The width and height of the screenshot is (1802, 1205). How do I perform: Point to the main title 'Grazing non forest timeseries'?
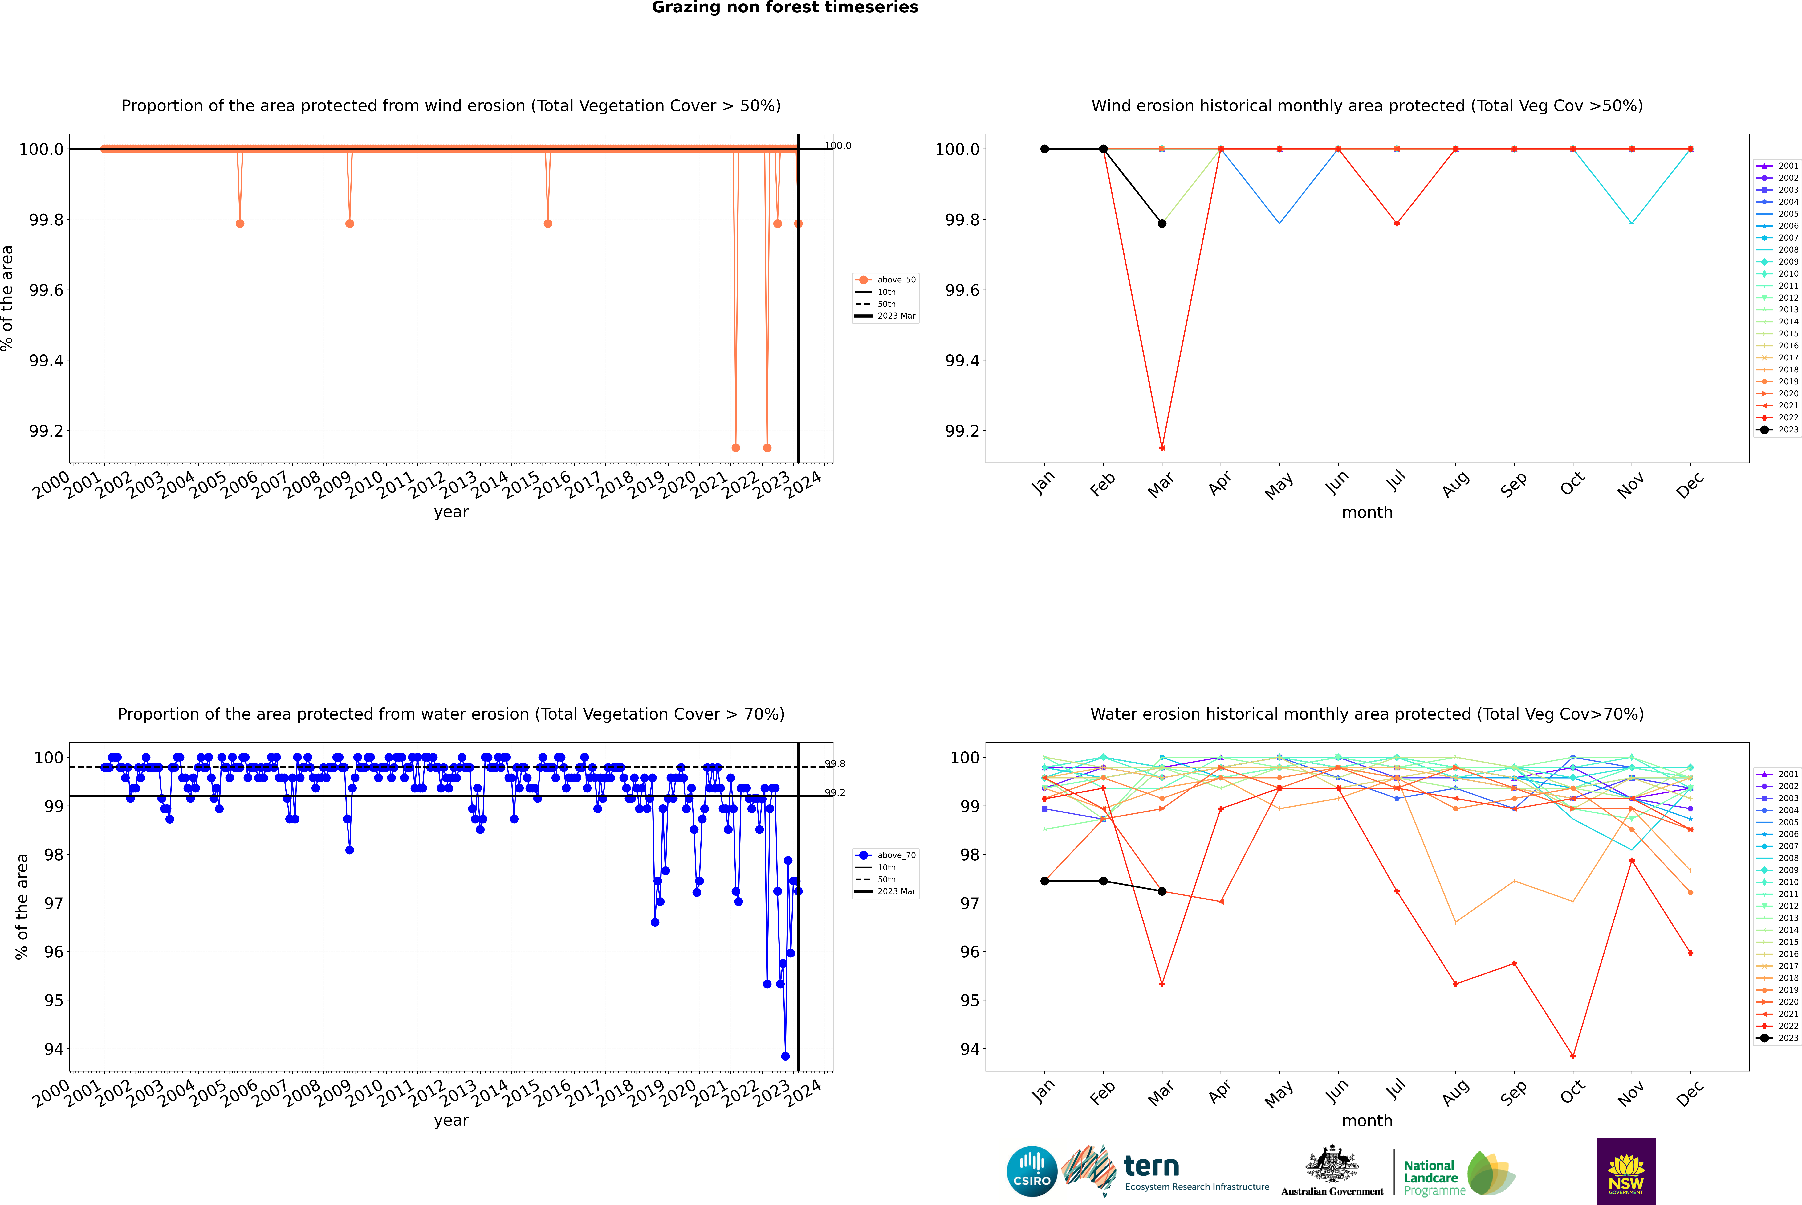pos(785,8)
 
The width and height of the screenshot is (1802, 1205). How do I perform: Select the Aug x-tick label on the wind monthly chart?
pos(1456,485)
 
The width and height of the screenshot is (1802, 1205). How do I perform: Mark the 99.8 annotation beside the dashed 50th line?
pos(835,764)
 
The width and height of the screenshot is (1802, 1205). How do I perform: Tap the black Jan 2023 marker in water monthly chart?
pos(1045,881)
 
